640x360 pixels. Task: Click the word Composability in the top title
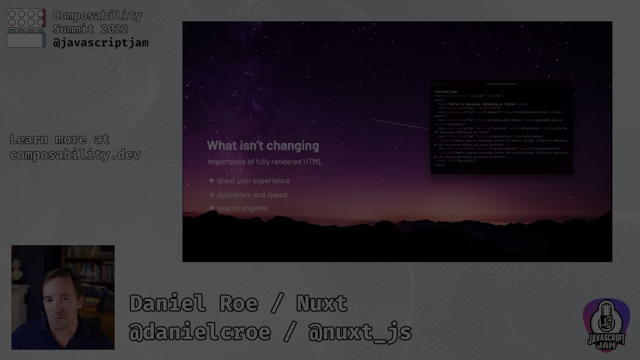[x=97, y=15]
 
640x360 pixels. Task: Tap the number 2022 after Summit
[x=114, y=29]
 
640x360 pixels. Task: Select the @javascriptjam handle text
[x=101, y=43]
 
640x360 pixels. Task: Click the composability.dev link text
[x=75, y=155]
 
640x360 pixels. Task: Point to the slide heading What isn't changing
[x=263, y=146]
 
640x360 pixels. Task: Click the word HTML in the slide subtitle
[x=312, y=162]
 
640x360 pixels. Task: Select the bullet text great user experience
[x=253, y=181]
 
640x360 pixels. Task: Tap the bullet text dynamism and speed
[x=252, y=195]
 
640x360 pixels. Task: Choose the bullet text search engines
[x=242, y=208]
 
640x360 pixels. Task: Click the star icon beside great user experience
[x=211, y=181]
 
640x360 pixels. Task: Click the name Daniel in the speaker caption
[x=167, y=303]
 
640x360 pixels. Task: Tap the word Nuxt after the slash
[x=322, y=303]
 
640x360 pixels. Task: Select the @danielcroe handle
[x=200, y=332]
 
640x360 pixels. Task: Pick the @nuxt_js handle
[x=360, y=332]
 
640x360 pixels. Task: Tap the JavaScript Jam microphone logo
[x=606, y=325]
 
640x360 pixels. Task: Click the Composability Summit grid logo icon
[x=26, y=28]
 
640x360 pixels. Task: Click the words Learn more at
[x=59, y=139]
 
